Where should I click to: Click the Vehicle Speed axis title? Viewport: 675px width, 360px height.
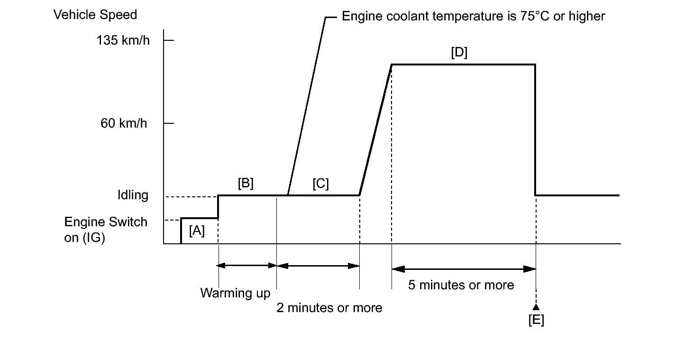95,15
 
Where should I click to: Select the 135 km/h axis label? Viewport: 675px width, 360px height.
123,40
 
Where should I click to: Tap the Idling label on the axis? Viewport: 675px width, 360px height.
133,195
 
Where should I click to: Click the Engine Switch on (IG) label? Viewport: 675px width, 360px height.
106,230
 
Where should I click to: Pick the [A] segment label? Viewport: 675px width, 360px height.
197,231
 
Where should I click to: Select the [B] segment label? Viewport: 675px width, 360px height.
246,184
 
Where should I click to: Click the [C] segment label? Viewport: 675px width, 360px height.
320,184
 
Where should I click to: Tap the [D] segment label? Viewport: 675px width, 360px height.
459,53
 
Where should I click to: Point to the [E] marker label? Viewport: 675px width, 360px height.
536,320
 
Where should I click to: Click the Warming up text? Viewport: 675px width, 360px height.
235,293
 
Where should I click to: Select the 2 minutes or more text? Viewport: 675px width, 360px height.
329,308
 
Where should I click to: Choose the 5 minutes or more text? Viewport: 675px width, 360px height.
461,285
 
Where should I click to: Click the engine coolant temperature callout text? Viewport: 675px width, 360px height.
473,17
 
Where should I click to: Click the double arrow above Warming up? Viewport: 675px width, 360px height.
247,266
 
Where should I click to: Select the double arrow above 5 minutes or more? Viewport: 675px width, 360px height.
464,269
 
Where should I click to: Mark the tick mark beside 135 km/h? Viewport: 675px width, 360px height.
169,40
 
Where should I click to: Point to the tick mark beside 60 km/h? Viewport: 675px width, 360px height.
169,123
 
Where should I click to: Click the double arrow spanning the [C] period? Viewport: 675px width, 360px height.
318,266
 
